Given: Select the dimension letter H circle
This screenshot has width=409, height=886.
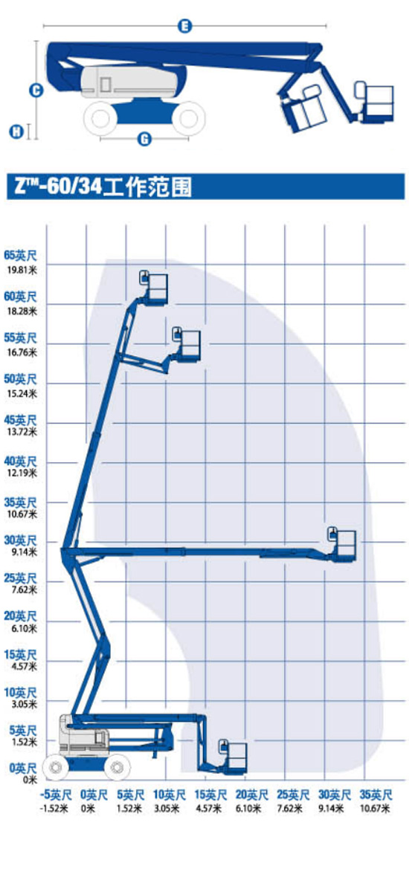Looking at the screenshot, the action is [x=17, y=132].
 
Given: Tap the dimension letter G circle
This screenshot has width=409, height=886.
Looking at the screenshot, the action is [x=145, y=138].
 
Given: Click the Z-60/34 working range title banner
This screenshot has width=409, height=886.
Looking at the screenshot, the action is [x=205, y=187].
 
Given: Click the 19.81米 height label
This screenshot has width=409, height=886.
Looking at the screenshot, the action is [x=20, y=268].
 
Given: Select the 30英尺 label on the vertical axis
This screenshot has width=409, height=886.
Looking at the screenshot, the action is [x=20, y=540].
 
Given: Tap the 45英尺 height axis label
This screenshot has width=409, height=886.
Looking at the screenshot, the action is [x=20, y=420].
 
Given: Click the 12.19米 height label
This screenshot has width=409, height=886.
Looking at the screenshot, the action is [x=20, y=473].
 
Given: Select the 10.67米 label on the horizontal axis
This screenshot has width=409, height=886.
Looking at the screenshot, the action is [x=375, y=808].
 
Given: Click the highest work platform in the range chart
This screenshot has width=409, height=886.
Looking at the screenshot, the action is [x=155, y=288].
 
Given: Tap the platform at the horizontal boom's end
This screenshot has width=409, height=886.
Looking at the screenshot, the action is [x=342, y=546].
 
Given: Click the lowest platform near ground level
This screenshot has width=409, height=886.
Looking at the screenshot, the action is [x=233, y=757].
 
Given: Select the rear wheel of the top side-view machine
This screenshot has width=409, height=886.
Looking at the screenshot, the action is [x=100, y=118].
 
